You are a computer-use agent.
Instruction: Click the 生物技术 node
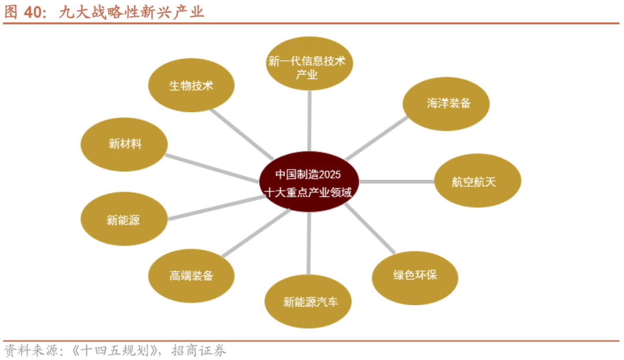pyautogui.click(x=191, y=86)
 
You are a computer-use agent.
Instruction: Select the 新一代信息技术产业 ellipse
pyautogui.click(x=309, y=64)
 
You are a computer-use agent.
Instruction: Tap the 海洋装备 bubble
pyautogui.click(x=447, y=104)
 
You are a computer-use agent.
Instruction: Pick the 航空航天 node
pyautogui.click(x=477, y=181)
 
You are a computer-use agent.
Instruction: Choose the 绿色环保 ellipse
pyautogui.click(x=415, y=275)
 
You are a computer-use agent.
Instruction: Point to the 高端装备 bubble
pyautogui.click(x=191, y=276)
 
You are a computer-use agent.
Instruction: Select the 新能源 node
pyautogui.click(x=124, y=220)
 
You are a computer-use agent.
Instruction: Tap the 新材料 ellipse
pyautogui.click(x=124, y=144)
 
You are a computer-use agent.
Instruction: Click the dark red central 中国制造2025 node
pyautogui.click(x=309, y=182)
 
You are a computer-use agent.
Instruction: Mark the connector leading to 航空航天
pyautogui.click(x=396, y=181)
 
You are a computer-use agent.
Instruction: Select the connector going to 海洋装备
pyautogui.click(x=376, y=138)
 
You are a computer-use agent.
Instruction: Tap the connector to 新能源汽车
pyautogui.click(x=309, y=243)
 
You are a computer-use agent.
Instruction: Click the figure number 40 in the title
pyautogui.click(x=35, y=12)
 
